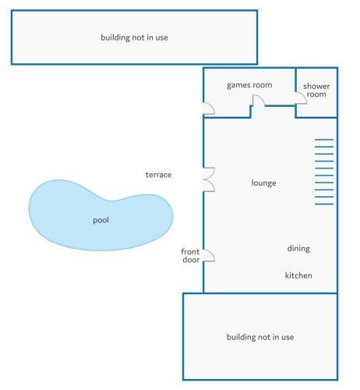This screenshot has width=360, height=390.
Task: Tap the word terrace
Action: point(158,175)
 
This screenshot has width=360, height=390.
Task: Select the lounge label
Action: point(263,183)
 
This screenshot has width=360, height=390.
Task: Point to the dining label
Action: point(298,249)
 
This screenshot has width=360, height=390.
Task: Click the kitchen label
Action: point(298,275)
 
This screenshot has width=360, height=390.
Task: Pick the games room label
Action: point(249,85)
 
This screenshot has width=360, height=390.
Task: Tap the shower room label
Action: point(316,90)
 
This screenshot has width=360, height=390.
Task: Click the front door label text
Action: point(191,256)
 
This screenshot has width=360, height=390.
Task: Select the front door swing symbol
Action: point(209,256)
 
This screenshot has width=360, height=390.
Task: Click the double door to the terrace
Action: point(209,179)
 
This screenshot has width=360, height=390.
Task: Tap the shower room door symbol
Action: point(302,97)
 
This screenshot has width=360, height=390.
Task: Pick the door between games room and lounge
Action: point(259,101)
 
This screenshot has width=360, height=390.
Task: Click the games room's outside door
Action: point(209,108)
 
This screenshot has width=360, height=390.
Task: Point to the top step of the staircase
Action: point(324,140)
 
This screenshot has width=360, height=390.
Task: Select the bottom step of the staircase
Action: point(324,204)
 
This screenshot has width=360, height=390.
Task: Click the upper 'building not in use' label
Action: point(134,37)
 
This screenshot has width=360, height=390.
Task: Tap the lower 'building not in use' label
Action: point(260,337)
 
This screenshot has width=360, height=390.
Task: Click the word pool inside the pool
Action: point(101,220)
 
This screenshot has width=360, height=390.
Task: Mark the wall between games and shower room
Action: point(296,80)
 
